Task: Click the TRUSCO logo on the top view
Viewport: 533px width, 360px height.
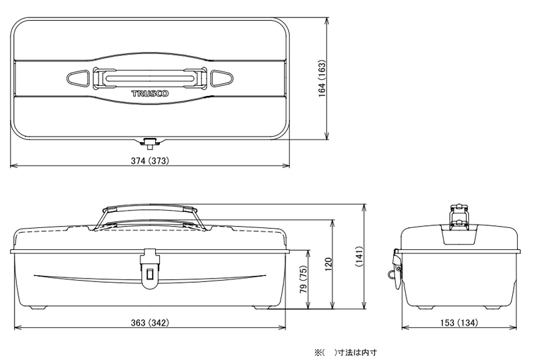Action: pyautogui.click(x=150, y=93)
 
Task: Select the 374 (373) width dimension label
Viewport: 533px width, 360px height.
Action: pyautogui.click(x=150, y=161)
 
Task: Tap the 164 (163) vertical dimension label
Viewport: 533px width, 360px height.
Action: pyautogui.click(x=322, y=79)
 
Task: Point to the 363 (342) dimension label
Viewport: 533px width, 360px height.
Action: pyautogui.click(x=150, y=322)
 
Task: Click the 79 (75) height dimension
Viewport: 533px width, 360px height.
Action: pyautogui.click(x=304, y=279)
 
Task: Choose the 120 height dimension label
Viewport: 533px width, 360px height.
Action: pyautogui.click(x=328, y=265)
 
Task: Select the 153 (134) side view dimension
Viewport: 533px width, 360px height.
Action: pyautogui.click(x=459, y=322)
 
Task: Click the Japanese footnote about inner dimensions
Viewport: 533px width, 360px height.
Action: pyautogui.click(x=345, y=353)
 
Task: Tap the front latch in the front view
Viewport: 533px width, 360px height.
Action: pyautogui.click(x=150, y=269)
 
